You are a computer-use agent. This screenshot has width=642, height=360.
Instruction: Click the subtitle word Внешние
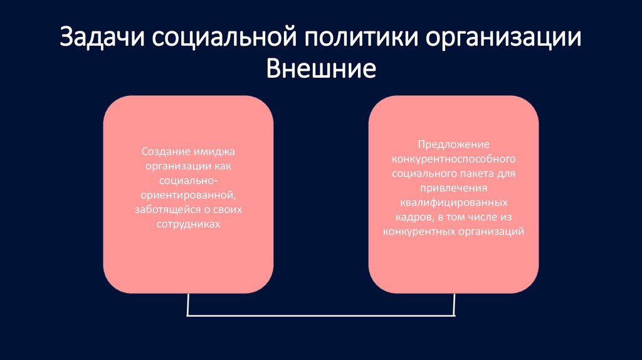tap(321, 69)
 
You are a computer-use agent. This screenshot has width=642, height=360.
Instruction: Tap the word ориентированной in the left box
tap(188, 194)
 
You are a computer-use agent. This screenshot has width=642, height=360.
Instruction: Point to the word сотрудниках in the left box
tap(188, 223)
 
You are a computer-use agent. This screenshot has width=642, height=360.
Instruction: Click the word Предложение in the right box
tap(454, 145)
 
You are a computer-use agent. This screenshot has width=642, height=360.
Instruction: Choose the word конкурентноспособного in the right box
tap(454, 159)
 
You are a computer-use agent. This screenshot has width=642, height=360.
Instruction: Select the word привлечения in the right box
tap(454, 188)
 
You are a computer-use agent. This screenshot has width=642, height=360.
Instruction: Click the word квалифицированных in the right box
tap(454, 203)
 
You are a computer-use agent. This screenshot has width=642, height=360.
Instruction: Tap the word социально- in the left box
tap(188, 181)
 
